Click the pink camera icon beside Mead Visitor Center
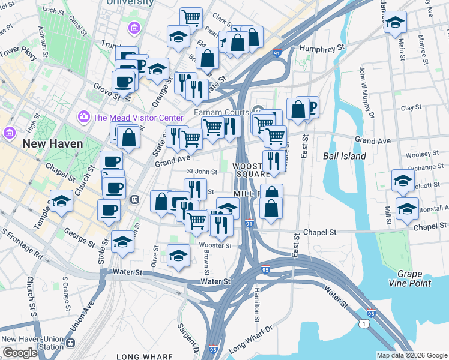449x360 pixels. click(83, 116)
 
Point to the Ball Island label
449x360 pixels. click(345, 156)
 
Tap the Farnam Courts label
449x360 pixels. click(221, 112)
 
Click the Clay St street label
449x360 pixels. click(411, 108)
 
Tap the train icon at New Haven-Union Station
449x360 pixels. click(71, 343)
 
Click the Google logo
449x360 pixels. click(20, 353)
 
